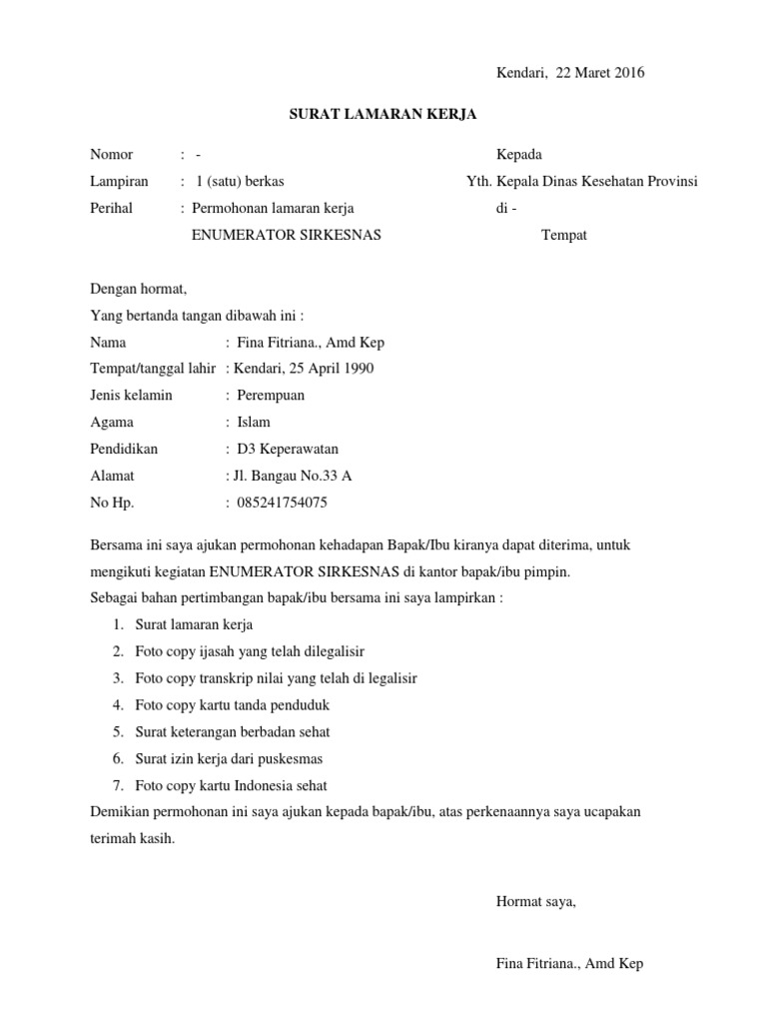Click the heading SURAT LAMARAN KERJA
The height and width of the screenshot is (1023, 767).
point(383,115)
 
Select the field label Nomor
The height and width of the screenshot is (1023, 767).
point(111,155)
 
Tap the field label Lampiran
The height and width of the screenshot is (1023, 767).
point(119,182)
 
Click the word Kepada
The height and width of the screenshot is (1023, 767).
point(519,155)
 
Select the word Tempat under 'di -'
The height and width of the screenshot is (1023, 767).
point(564,236)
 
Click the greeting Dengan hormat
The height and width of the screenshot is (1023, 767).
point(139,290)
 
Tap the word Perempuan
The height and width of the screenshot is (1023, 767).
point(271,396)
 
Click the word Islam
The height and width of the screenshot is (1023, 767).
point(254,423)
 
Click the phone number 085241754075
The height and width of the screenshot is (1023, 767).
point(283,504)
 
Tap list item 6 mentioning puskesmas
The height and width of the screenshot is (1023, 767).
point(229,759)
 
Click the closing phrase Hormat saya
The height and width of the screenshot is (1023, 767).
point(536,902)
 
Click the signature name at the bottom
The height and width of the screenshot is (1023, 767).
point(569,964)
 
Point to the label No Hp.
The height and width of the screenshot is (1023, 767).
point(112,504)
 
